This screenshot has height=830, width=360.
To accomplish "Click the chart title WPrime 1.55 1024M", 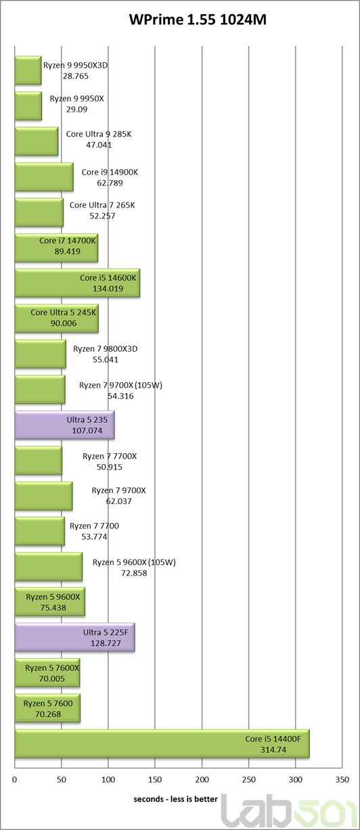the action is pyautogui.click(x=198, y=20).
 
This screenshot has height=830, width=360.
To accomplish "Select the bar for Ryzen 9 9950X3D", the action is pyautogui.click(x=28, y=70).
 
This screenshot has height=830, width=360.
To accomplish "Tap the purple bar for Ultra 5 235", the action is pyautogui.click(x=64, y=425).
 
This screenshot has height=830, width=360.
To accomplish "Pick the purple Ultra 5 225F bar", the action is pyautogui.click(x=75, y=637).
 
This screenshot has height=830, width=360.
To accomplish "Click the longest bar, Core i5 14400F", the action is pyautogui.click(x=162, y=743).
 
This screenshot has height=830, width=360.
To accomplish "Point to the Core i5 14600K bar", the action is pyautogui.click(x=78, y=283).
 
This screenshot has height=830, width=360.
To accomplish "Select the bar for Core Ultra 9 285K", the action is pyautogui.click(x=37, y=141).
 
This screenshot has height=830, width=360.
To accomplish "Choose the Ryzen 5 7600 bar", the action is pyautogui.click(x=47, y=708).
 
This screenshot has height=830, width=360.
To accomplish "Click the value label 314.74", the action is pyautogui.click(x=273, y=750).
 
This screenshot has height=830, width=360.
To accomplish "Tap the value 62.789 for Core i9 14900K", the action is pyautogui.click(x=110, y=183).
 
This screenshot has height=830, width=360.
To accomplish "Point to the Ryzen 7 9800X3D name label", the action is pyautogui.click(x=106, y=348).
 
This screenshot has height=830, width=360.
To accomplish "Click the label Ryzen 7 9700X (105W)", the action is pyautogui.click(x=121, y=385).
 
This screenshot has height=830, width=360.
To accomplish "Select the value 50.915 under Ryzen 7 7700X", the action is pyautogui.click(x=110, y=467).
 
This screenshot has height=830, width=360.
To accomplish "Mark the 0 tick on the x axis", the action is pyautogui.click(x=14, y=780).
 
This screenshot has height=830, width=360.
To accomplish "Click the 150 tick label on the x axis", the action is pyautogui.click(x=155, y=780).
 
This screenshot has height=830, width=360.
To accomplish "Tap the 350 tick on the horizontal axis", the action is pyautogui.click(x=342, y=780).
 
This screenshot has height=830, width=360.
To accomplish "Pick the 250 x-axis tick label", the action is pyautogui.click(x=249, y=780).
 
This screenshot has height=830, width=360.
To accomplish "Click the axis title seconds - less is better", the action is pyautogui.click(x=176, y=800).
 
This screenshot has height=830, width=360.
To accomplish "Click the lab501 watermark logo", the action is pyautogui.click(x=289, y=812).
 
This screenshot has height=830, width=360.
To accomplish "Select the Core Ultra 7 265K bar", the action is pyautogui.click(x=39, y=212).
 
